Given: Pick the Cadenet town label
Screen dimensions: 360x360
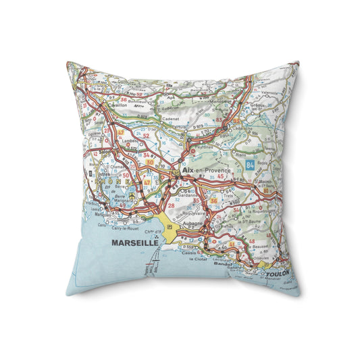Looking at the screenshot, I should click(170, 118).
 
